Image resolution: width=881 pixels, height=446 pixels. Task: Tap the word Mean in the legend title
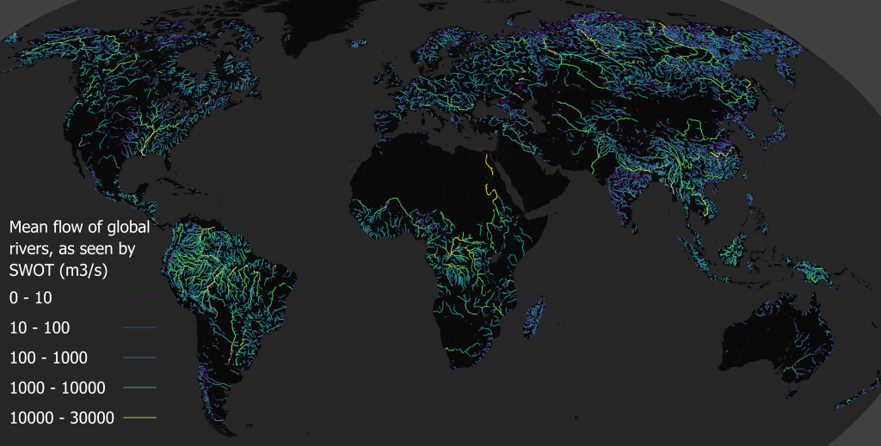[29, 228]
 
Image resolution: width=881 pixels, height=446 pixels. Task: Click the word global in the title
[127, 228]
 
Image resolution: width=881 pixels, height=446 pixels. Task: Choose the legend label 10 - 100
[40, 327]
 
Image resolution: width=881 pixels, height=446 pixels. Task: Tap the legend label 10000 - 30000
[62, 418]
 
